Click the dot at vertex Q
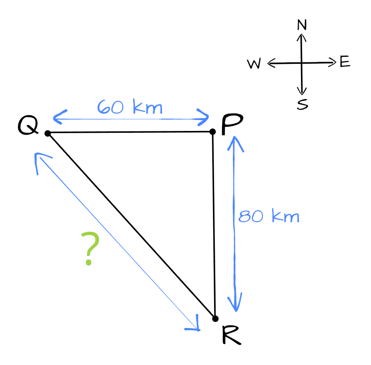pos(48,133)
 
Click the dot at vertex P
pos(213,131)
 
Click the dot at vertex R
pos(215,318)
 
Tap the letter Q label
pos(28,127)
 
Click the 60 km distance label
pos(130,107)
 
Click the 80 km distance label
pos(269,216)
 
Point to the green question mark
pos(90,248)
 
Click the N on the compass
pos(302,25)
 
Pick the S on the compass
pos(303,105)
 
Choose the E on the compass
pos(345,62)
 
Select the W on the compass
pos(254,65)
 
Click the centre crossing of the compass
pos(302,63)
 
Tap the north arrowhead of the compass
pos(301,36)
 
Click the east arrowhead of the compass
pos(333,62)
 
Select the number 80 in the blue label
pos(251,216)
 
